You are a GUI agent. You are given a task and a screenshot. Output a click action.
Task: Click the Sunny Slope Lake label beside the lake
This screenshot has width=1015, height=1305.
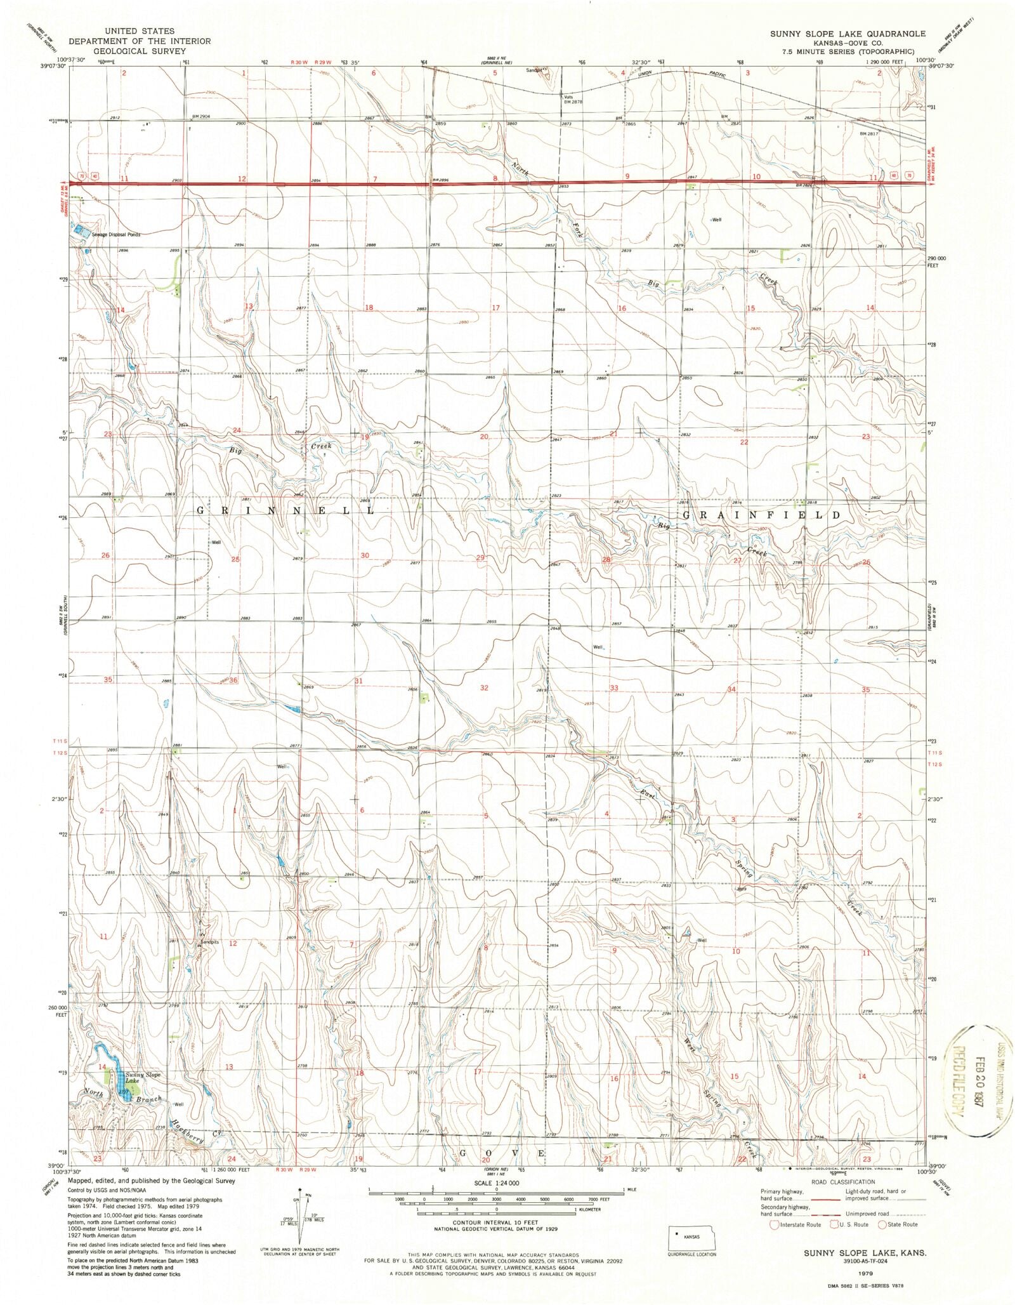tap(143, 1077)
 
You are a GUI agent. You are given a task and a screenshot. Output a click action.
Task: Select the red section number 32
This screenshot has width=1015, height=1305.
tap(485, 687)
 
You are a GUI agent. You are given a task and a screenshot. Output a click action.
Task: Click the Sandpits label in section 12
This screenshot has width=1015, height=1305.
tap(210, 943)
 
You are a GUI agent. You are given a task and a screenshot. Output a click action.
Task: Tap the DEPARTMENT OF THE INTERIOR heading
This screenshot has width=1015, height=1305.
tap(140, 41)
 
